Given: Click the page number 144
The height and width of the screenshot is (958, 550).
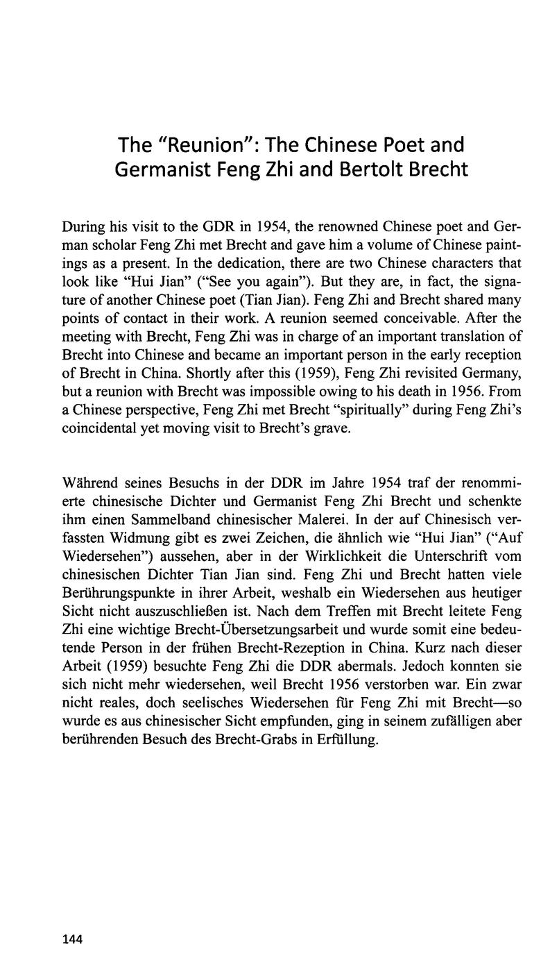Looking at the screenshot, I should coord(72,921).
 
